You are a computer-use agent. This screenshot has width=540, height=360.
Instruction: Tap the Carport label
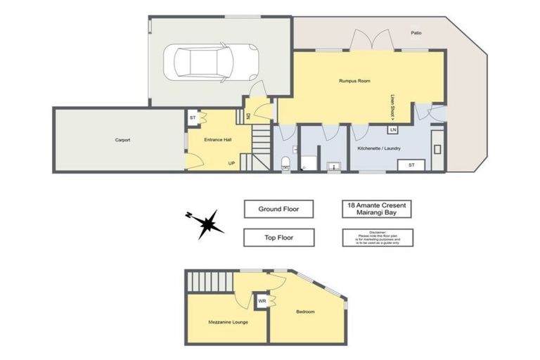pos(122,140)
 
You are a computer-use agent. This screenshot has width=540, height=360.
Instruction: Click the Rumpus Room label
pos(354,81)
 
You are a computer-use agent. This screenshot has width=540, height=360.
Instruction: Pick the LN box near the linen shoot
pos(393,130)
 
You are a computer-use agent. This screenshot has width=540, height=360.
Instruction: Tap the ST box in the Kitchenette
pos(411,165)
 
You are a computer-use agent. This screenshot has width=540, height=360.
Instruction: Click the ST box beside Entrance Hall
pos(193,117)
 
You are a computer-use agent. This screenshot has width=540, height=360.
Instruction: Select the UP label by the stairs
pos(231,163)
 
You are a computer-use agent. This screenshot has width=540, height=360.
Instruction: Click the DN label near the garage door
pos(247,116)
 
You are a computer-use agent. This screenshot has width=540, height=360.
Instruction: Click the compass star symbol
pos(209,224)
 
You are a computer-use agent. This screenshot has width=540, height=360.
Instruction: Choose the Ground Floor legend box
pos(279,209)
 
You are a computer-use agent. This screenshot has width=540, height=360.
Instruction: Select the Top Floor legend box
pos(279,238)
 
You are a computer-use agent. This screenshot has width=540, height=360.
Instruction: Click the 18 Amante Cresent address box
pos(378,209)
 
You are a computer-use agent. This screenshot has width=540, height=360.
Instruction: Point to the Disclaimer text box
pos(378,238)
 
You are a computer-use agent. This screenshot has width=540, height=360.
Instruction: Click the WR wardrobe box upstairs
pos(262,301)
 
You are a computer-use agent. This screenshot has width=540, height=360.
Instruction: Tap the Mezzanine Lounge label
pos(226,322)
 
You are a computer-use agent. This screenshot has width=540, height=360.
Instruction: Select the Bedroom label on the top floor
pos(305,311)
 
